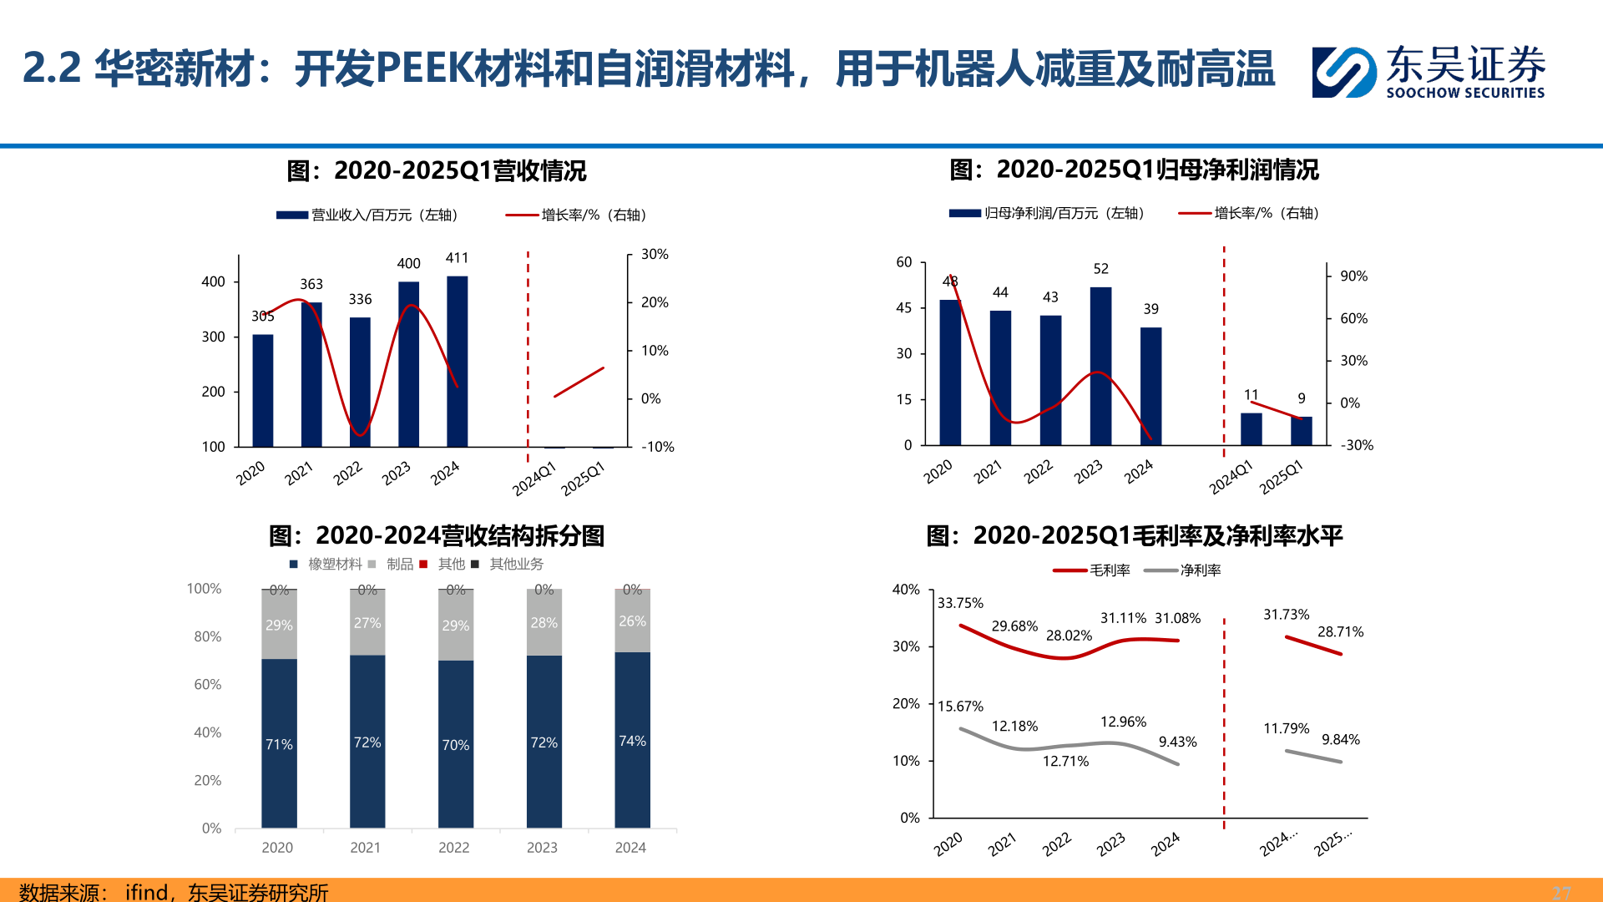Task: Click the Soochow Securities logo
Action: pyautogui.click(x=1428, y=72)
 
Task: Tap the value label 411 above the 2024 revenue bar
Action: pyautogui.click(x=457, y=258)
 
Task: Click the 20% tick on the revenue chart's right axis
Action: pyautogui.click(x=655, y=302)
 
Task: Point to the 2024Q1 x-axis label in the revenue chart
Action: pyautogui.click(x=534, y=479)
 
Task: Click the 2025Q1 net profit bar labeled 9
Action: pyautogui.click(x=1301, y=430)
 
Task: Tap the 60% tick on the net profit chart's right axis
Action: pyautogui.click(x=1353, y=318)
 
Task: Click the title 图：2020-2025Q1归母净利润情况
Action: pyautogui.click(x=1134, y=170)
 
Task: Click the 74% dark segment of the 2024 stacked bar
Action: pyautogui.click(x=632, y=740)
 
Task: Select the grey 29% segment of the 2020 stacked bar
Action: pyautogui.click(x=279, y=625)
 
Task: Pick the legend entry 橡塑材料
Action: pyautogui.click(x=335, y=565)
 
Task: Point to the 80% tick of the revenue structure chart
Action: pyautogui.click(x=207, y=636)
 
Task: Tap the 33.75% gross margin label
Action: pyautogui.click(x=960, y=603)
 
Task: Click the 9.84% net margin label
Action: pyautogui.click(x=1340, y=740)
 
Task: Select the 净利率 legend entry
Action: pyautogui.click(x=1200, y=570)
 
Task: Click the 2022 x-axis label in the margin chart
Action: pyautogui.click(x=1056, y=844)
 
